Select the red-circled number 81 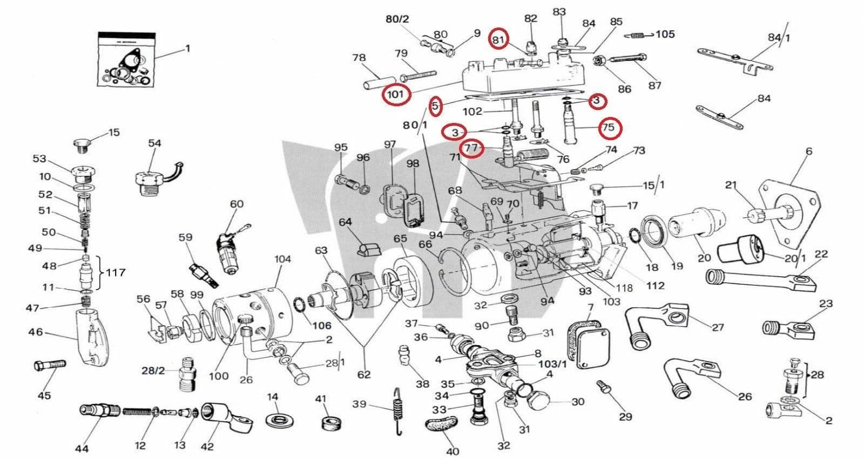click(498, 39)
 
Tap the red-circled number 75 click(609, 127)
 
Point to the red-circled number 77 click(471, 148)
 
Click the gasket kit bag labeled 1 click(126, 59)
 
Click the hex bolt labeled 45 click(50, 366)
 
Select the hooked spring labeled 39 click(398, 410)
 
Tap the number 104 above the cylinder click(282, 259)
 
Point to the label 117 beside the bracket click(115, 272)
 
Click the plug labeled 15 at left click(80, 144)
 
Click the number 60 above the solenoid click(237, 204)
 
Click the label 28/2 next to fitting click(153, 371)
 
